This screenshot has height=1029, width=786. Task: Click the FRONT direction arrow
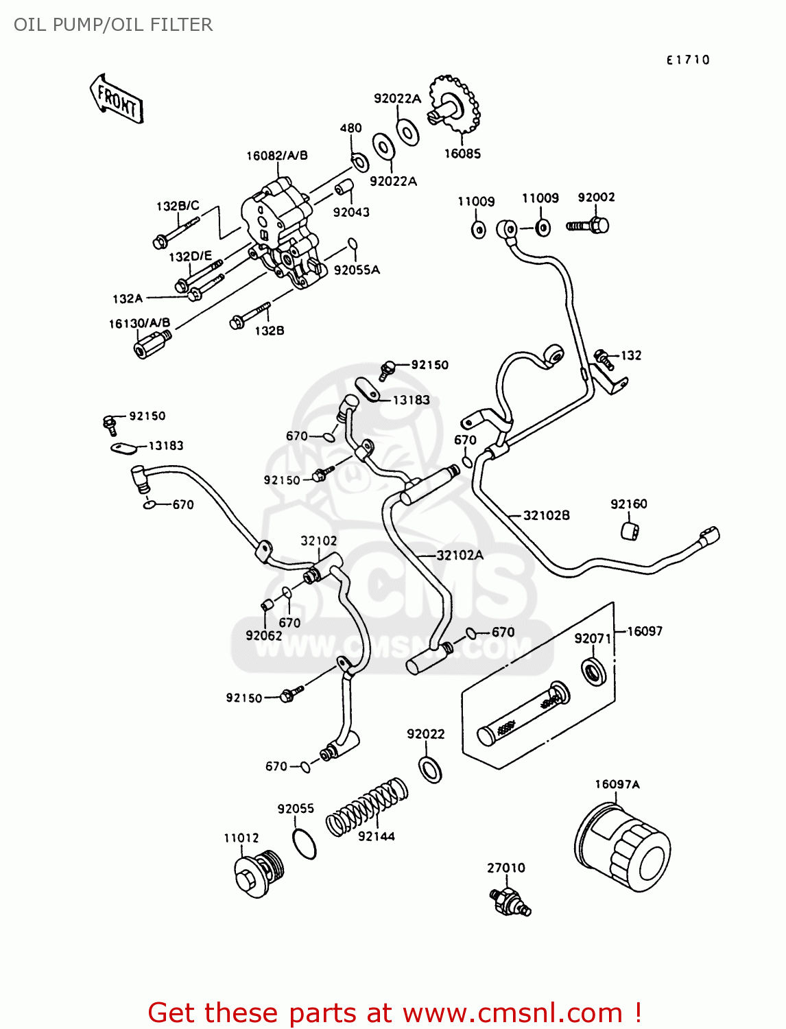coord(117,99)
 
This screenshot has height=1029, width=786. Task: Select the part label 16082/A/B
coord(276,156)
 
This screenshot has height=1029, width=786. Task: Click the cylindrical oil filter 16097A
coord(621,847)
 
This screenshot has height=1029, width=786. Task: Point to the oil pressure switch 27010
coord(510,901)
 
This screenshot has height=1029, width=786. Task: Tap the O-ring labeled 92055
coord(305,843)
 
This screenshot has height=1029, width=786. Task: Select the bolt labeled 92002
coord(588,224)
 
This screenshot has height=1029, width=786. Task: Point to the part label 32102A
coord(460,555)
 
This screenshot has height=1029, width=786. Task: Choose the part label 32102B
coord(546,515)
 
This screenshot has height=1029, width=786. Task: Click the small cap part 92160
coord(630,530)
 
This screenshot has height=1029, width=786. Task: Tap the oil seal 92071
coord(593,672)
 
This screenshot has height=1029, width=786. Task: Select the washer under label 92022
coord(430,769)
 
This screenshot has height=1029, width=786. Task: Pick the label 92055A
coord(357,270)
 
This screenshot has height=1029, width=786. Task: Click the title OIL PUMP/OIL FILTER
coord(113,25)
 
